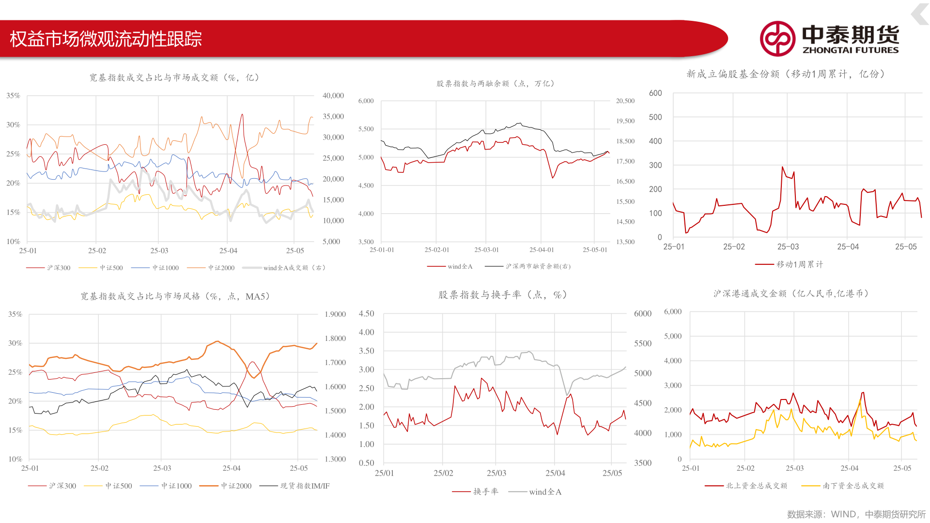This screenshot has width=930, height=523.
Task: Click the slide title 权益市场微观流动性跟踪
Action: (106, 39)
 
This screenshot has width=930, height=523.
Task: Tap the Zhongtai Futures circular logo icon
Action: (777, 39)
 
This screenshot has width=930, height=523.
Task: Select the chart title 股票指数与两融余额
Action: (495, 84)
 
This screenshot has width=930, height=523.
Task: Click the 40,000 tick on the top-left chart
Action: (333, 96)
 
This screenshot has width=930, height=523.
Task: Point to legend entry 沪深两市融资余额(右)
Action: (538, 266)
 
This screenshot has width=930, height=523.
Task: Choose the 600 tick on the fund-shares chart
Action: (655, 93)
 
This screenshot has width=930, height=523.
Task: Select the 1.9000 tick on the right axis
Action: (335, 314)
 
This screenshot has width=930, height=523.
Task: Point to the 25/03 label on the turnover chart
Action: (496, 473)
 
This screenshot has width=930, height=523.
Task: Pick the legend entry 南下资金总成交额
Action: (853, 486)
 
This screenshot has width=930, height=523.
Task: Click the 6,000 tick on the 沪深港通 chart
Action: (673, 311)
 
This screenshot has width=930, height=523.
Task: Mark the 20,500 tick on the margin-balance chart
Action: (625, 101)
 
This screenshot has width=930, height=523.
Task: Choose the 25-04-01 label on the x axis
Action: (542, 250)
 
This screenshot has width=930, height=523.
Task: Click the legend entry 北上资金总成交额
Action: (756, 486)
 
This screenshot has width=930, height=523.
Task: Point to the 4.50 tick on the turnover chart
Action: (367, 314)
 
